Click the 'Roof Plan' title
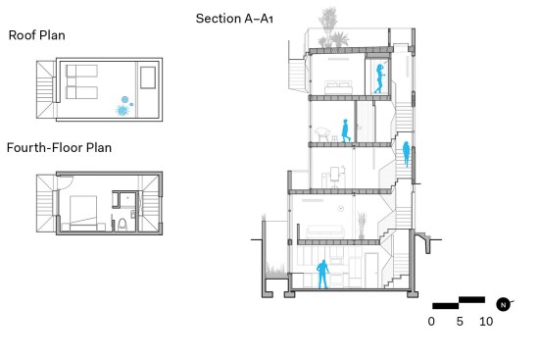pyautogui.click(x=37, y=35)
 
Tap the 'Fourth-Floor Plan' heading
pyautogui.click(x=59, y=147)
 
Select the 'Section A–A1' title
pyautogui.click(x=234, y=19)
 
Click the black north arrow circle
pyautogui.click(x=503, y=305)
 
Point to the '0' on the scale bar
pyautogui.click(x=431, y=322)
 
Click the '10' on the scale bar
pyautogui.click(x=486, y=322)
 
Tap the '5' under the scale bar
pyautogui.click(x=460, y=322)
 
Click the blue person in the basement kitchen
pyautogui.click(x=323, y=274)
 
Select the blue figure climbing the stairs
pyautogui.click(x=407, y=154)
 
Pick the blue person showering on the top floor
pyautogui.click(x=379, y=78)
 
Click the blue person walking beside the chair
pyautogui.click(x=345, y=130)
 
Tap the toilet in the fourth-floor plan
pyautogui.click(x=123, y=224)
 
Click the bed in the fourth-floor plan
pyautogui.click(x=83, y=213)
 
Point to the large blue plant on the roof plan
pyautogui.click(x=123, y=110)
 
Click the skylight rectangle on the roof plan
pyautogui.click(x=148, y=77)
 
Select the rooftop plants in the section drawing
pyautogui.click(x=332, y=29)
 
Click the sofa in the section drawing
pyautogui.click(x=324, y=231)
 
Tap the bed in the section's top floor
pyautogui.click(x=338, y=87)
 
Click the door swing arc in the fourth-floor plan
pyautogui.click(x=69, y=180)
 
